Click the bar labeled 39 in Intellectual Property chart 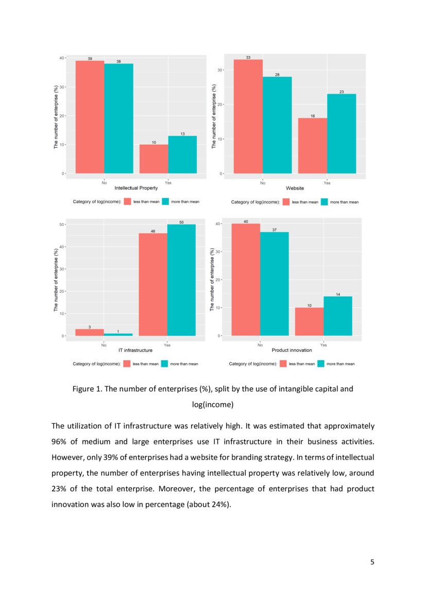pyautogui.click(x=90, y=117)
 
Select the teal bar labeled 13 pyautogui.click(x=182, y=154)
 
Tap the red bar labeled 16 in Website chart pyautogui.click(x=312, y=146)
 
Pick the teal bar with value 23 pyautogui.click(x=341, y=133)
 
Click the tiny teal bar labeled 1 pyautogui.click(x=118, y=335)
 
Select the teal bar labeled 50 pyautogui.click(x=181, y=280)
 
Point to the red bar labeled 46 pyautogui.click(x=153, y=285)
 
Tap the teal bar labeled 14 pyautogui.click(x=337, y=316)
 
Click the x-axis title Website pyautogui.click(x=295, y=188)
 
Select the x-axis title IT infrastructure pyautogui.click(x=135, y=351)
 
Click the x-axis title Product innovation pyautogui.click(x=292, y=351)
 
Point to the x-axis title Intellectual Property pyautogui.click(x=136, y=188)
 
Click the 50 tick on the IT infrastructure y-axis pyautogui.click(x=62, y=225)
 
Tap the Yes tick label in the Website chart pyautogui.click(x=327, y=182)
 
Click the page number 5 pyautogui.click(x=372, y=562)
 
